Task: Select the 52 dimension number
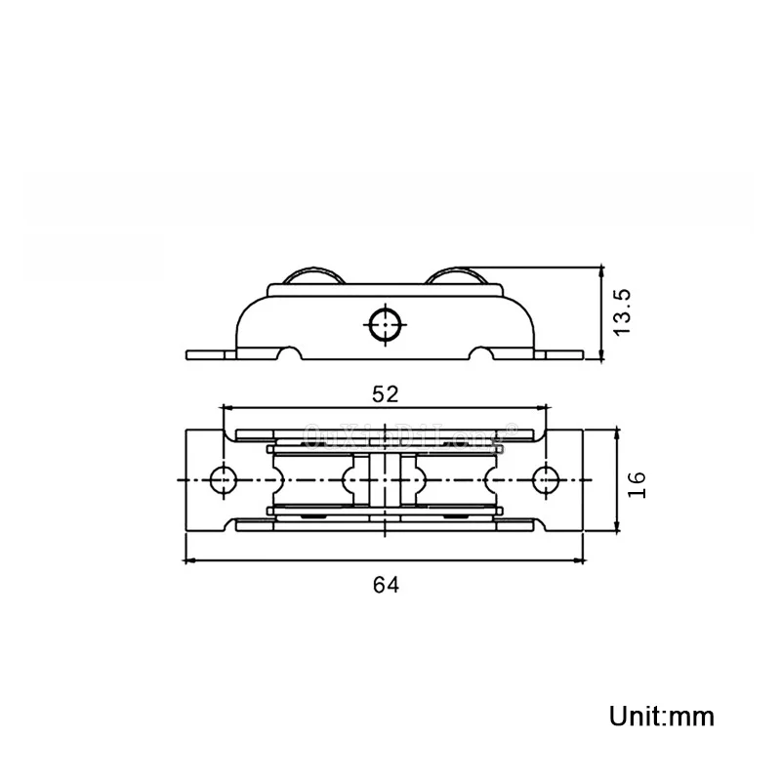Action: [386, 393]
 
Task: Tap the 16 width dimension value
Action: [637, 482]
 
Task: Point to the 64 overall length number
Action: [386, 584]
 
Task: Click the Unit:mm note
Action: [662, 716]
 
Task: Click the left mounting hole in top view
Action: [224, 480]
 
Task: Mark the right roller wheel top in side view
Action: [461, 276]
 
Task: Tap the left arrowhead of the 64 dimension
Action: [190, 560]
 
